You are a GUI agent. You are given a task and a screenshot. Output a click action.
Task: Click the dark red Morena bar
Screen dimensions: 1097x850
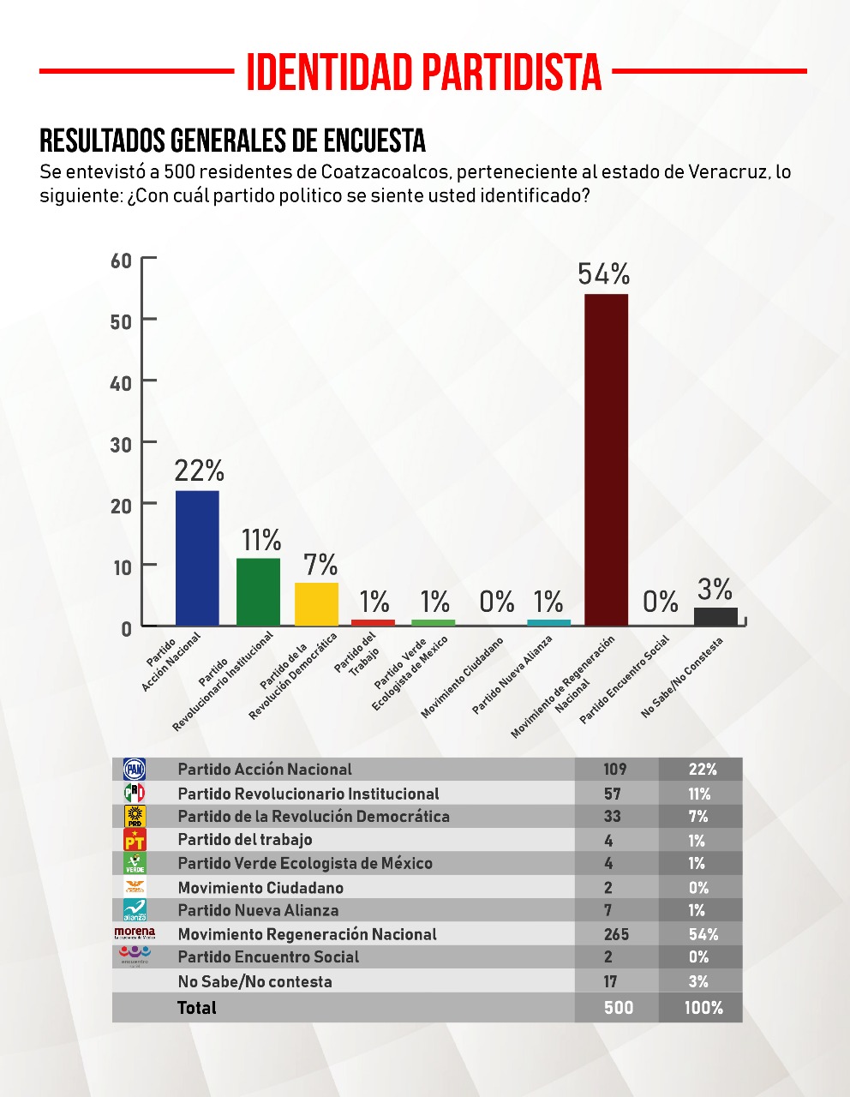pyautogui.click(x=606, y=459)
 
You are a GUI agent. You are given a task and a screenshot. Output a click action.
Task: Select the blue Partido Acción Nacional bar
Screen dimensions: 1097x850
pyautogui.click(x=197, y=557)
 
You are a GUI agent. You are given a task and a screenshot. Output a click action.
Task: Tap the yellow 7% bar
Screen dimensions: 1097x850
pyautogui.click(x=316, y=604)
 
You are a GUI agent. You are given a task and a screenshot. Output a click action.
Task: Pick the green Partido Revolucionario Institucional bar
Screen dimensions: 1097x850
pyautogui.click(x=258, y=591)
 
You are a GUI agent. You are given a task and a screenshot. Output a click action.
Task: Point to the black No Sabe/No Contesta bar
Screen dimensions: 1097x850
pyautogui.click(x=715, y=616)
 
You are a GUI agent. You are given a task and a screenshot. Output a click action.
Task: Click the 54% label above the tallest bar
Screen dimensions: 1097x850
pyautogui.click(x=604, y=274)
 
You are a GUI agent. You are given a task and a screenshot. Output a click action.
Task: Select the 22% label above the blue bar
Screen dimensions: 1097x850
pyautogui.click(x=199, y=471)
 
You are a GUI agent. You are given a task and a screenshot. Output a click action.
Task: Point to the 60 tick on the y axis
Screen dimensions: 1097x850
pyautogui.click(x=121, y=260)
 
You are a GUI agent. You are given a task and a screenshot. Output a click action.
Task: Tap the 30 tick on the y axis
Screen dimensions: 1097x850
pyautogui.click(x=121, y=444)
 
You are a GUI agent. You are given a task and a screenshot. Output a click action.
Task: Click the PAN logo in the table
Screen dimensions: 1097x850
pyautogui.click(x=135, y=770)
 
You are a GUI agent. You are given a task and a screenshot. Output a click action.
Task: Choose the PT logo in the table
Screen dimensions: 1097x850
pyautogui.click(x=135, y=840)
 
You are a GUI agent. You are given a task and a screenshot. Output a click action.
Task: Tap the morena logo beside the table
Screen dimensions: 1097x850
pyautogui.click(x=135, y=932)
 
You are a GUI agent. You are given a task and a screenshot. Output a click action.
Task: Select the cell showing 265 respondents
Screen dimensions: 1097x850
pyautogui.click(x=616, y=934)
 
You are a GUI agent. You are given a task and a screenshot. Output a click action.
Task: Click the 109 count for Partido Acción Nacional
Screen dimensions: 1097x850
pyautogui.click(x=614, y=770)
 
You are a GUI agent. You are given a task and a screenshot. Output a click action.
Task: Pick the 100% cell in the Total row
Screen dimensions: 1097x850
pyautogui.click(x=703, y=1008)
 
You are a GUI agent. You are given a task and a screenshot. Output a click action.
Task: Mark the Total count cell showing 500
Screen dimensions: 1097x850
pyautogui.click(x=618, y=1008)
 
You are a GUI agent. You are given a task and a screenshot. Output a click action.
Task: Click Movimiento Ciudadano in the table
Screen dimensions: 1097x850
pyautogui.click(x=260, y=888)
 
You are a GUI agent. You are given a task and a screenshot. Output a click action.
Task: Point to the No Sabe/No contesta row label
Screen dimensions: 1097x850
pyautogui.click(x=254, y=982)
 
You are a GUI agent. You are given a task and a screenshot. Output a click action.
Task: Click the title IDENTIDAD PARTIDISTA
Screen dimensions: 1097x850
pyautogui.click(x=424, y=72)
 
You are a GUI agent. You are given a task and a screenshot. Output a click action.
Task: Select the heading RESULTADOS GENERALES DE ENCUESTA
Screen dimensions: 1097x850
pyautogui.click(x=233, y=141)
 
